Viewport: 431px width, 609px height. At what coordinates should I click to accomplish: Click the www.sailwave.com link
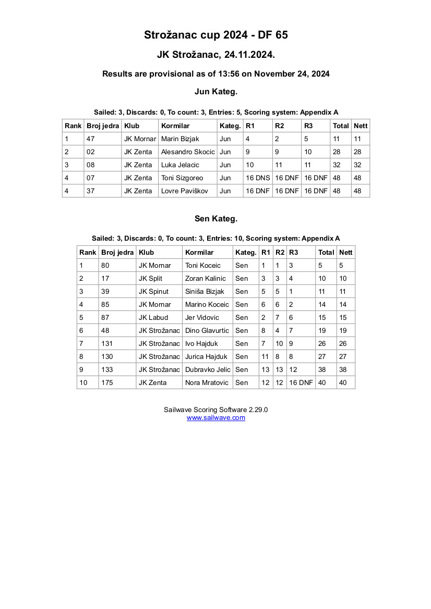click(x=215, y=418)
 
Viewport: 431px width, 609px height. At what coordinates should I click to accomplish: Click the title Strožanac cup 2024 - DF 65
click(x=215, y=35)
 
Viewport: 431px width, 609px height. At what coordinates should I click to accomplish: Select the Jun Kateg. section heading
click(x=215, y=92)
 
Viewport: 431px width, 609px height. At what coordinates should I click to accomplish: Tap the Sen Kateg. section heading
click(x=215, y=219)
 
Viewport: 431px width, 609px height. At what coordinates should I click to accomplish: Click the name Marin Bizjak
click(x=180, y=139)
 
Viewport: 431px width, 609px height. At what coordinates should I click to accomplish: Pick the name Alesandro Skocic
click(x=187, y=152)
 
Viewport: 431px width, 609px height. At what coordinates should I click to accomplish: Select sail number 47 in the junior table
click(x=90, y=139)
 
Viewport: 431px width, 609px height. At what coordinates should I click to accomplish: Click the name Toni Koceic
click(x=203, y=266)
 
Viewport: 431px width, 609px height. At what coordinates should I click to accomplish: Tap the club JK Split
click(x=150, y=279)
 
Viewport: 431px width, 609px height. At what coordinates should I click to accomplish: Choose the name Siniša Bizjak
click(x=205, y=292)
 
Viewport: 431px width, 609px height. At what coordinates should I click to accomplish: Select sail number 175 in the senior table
click(x=107, y=383)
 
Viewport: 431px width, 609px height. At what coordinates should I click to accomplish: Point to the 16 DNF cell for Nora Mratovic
click(x=301, y=383)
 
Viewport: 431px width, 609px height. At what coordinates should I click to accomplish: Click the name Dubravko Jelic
click(x=208, y=370)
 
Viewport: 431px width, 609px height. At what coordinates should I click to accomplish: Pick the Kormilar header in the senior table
click(x=199, y=253)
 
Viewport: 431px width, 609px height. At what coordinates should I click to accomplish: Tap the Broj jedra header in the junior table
click(x=103, y=126)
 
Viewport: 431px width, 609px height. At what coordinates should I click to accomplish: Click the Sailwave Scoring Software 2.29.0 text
click(x=215, y=410)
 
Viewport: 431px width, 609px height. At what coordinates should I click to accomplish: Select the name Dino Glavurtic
click(x=207, y=331)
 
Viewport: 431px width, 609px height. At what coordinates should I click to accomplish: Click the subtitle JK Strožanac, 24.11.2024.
click(x=215, y=55)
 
